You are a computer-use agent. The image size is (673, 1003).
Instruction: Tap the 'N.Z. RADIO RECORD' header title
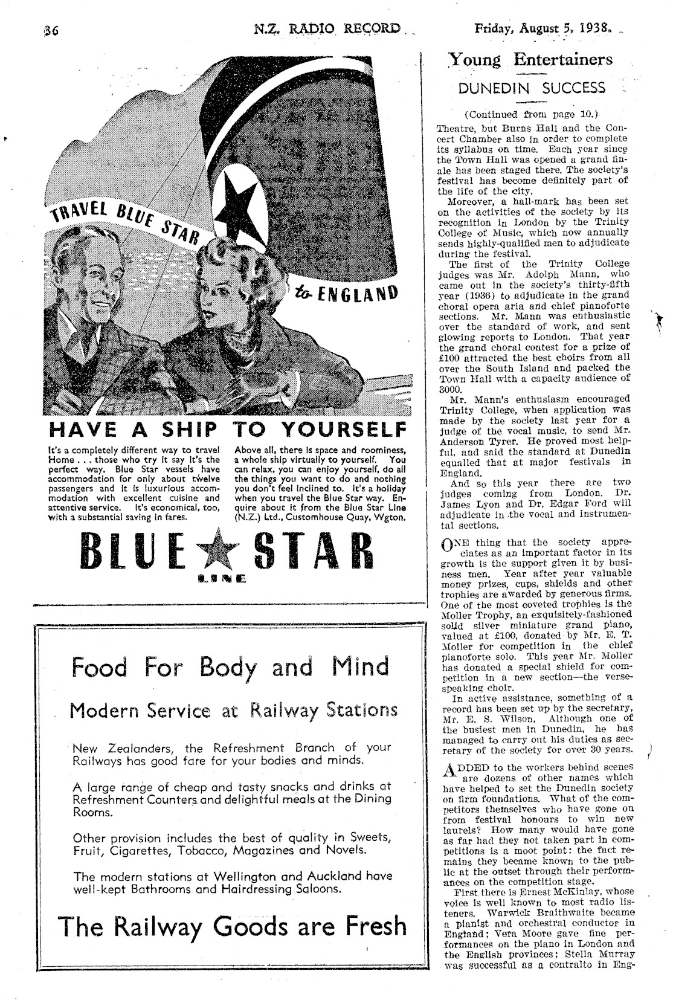[327, 28]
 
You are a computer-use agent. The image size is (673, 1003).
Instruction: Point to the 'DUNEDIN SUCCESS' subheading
[531, 88]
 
